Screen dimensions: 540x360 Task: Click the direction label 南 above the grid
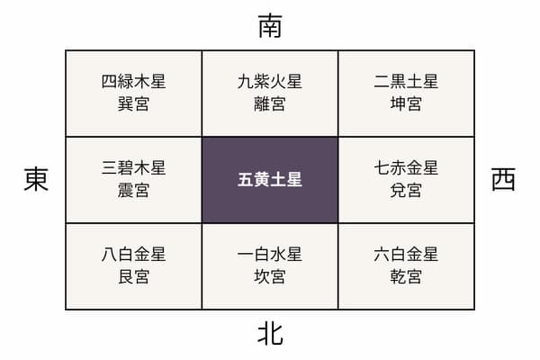point(270,26)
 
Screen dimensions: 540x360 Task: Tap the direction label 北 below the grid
point(270,334)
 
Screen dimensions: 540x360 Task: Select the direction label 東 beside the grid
point(36,179)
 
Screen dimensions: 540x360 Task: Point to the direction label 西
point(503,179)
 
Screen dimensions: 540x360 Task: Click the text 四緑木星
point(133,82)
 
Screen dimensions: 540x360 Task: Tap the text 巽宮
point(133,104)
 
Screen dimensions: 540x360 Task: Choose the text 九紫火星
point(270,82)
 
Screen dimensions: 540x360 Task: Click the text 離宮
point(270,104)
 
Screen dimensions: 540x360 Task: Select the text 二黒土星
point(407,82)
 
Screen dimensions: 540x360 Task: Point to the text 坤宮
point(407,104)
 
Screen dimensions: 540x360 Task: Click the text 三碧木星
point(133,168)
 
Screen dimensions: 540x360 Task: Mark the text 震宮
point(133,191)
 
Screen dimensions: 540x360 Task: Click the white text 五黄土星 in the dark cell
point(270,180)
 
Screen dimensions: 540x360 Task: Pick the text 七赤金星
point(407,168)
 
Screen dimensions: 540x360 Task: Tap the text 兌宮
point(407,191)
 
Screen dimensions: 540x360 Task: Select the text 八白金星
point(133,255)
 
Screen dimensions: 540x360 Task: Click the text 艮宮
point(133,277)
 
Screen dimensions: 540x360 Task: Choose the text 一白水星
point(270,255)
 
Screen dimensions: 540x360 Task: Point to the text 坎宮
point(270,277)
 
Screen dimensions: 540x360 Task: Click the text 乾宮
point(407,277)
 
